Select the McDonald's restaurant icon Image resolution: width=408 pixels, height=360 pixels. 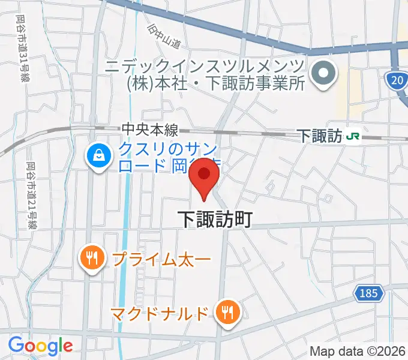[x=228, y=312]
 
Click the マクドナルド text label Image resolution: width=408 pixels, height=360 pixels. [x=160, y=313]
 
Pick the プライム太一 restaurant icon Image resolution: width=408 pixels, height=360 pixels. [x=91, y=259]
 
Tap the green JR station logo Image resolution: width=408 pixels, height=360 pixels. [x=353, y=137]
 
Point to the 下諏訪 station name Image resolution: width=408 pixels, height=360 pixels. [x=320, y=137]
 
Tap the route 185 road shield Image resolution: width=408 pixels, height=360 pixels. [x=369, y=293]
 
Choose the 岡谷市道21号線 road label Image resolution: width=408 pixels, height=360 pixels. [x=31, y=190]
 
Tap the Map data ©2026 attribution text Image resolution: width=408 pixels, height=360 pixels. [x=358, y=352]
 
